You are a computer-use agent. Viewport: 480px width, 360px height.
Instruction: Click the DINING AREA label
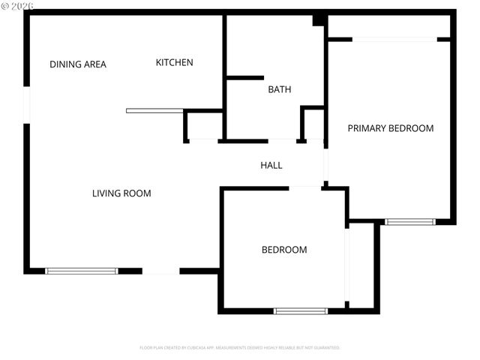coord(78,64)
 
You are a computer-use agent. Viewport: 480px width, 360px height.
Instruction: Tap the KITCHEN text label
coord(174,62)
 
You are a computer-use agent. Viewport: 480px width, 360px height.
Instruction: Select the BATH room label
coord(280,89)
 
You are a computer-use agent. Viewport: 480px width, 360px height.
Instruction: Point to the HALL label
coord(271,165)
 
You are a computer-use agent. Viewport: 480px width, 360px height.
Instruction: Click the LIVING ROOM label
coord(121,193)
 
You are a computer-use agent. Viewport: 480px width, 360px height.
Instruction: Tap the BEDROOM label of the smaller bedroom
coord(283,250)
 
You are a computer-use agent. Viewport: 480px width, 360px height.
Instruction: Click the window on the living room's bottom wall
coord(82,271)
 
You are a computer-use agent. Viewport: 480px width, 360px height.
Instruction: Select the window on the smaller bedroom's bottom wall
coord(301,310)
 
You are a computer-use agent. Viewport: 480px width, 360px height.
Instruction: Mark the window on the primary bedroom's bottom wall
coord(409,222)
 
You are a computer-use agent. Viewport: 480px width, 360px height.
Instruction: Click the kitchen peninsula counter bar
coord(154,111)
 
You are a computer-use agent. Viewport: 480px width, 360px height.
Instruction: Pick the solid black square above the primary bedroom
coord(319,19)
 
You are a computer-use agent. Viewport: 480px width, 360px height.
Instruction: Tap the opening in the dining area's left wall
coord(26,105)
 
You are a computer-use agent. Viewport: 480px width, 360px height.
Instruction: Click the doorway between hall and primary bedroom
coord(325,161)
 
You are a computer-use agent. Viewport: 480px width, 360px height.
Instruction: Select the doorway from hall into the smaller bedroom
coord(305,187)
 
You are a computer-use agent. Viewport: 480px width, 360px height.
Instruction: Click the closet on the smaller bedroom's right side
coord(361,265)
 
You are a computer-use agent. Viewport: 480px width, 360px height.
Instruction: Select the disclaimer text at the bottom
coord(240,348)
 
